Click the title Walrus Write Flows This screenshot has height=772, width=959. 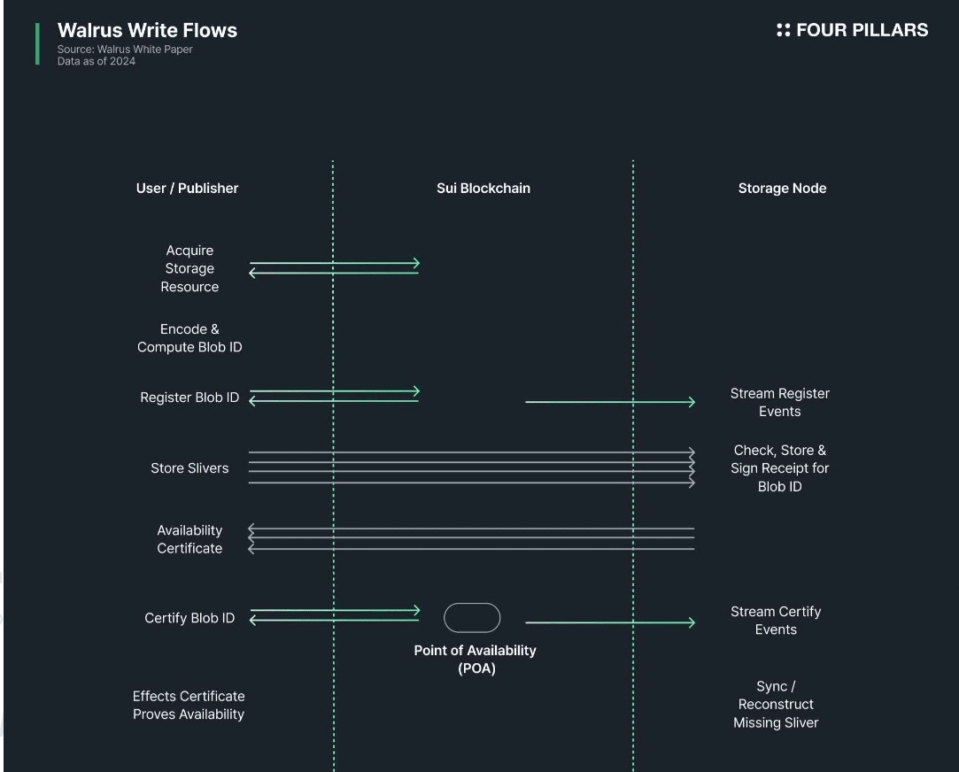147,30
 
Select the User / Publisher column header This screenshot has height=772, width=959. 187,188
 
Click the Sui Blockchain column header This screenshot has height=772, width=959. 483,188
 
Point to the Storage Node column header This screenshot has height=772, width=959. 782,188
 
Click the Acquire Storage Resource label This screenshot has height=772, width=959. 189,268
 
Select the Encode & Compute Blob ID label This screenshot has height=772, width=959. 189,338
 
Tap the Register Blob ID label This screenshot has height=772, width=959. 189,398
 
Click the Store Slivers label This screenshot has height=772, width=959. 189,468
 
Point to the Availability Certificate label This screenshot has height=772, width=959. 189,539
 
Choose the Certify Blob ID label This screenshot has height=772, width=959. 189,618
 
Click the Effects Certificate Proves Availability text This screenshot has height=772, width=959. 189,705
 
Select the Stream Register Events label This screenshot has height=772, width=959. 779,402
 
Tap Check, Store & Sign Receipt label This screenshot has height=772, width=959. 779,468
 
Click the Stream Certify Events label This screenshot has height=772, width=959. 776,620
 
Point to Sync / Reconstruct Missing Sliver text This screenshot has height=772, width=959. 776,704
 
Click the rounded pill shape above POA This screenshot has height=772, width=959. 472,618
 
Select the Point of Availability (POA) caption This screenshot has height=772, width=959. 476,659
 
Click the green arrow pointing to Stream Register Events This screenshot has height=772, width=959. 610,402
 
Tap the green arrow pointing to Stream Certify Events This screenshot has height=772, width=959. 610,622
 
